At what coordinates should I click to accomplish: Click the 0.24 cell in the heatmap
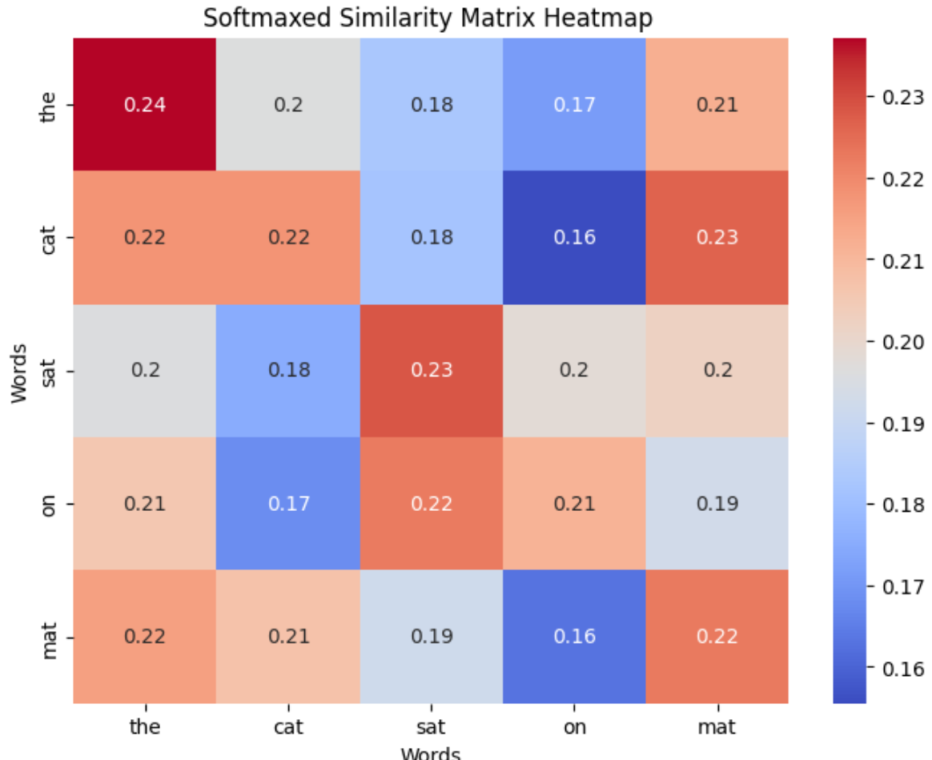pyautogui.click(x=144, y=104)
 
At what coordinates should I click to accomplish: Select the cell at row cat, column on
pyautogui.click(x=574, y=237)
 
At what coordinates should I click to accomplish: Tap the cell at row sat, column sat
pyautogui.click(x=431, y=370)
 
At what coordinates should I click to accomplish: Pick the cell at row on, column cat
pyautogui.click(x=287, y=504)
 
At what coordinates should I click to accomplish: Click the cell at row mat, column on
pyautogui.click(x=574, y=637)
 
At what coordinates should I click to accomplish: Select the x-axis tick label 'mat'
pyautogui.click(x=717, y=726)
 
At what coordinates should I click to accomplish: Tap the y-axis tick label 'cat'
pyautogui.click(x=49, y=237)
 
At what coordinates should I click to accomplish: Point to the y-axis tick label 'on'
pyautogui.click(x=49, y=504)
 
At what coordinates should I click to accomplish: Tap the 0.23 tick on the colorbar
pyautogui.click(x=901, y=96)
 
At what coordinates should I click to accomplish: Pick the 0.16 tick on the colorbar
pyautogui.click(x=901, y=669)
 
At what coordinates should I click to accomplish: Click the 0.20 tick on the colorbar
pyautogui.click(x=901, y=342)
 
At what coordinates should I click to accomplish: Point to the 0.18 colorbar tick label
pyautogui.click(x=901, y=505)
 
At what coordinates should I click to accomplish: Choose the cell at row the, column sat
pyautogui.click(x=431, y=104)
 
